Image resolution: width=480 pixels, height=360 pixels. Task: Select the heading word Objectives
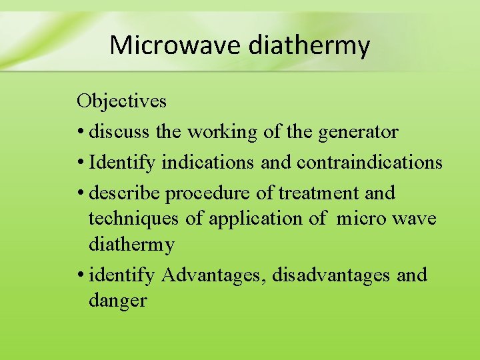point(121,101)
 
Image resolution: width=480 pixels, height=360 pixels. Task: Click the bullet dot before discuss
point(80,133)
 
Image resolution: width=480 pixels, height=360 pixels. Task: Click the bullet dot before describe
point(80,193)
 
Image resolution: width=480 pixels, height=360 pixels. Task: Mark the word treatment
point(319,193)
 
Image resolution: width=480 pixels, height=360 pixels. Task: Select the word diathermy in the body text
point(131,245)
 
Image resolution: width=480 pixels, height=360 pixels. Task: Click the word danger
point(117,301)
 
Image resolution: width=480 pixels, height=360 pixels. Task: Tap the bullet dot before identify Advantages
point(80,275)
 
